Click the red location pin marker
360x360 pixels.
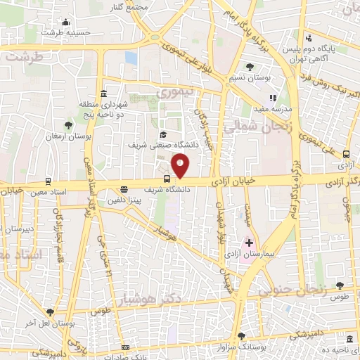tap(181, 165)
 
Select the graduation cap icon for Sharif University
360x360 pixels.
tap(162, 134)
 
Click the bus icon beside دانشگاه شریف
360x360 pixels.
tap(167, 179)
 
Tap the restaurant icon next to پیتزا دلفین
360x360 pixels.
tap(124, 188)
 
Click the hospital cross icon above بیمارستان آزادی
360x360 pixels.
tap(249, 242)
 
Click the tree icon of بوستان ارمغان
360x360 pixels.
tap(68, 124)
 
